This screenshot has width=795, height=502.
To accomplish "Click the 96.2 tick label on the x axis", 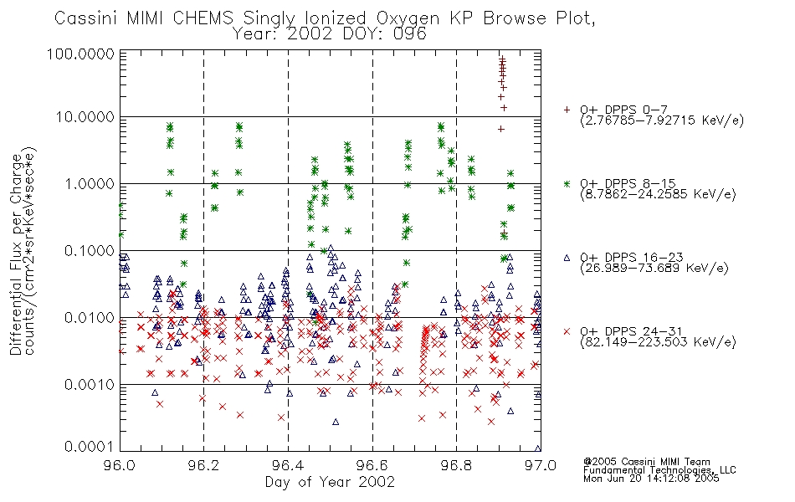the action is coord(203,465).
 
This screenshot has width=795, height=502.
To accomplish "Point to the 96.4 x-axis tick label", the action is coord(288,465).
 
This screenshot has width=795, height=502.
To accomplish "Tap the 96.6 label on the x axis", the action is coord(372,465).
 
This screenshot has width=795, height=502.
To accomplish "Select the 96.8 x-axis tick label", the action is coord(456,465).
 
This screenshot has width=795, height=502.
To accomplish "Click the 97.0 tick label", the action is coord(541,465).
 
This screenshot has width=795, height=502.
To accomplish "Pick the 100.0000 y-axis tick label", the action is coord(80,54).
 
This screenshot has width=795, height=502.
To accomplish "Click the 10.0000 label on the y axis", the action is coord(85,117).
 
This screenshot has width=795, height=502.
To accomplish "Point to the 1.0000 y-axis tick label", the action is coord(90,183).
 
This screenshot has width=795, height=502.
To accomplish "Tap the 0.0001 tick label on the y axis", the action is coord(90,446).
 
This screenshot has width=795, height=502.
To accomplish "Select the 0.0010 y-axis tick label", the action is coord(90,384).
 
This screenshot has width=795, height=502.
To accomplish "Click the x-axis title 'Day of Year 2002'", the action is coord(330,482).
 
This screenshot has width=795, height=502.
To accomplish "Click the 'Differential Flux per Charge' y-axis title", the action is coord(17,254).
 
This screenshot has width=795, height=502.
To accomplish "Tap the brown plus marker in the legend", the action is coord(567,110).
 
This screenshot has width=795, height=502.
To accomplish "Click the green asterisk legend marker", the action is coord(567,183).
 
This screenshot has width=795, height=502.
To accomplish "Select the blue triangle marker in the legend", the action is coord(567,258).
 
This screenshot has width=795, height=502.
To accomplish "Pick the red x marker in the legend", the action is coord(567,331).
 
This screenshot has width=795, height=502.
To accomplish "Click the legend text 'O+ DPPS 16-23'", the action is coord(632,257).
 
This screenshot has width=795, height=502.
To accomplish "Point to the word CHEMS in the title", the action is coord(203,18).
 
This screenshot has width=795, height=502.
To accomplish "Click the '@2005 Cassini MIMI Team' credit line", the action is coord(647,462).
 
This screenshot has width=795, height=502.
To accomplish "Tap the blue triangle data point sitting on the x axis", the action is coord(538,448).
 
